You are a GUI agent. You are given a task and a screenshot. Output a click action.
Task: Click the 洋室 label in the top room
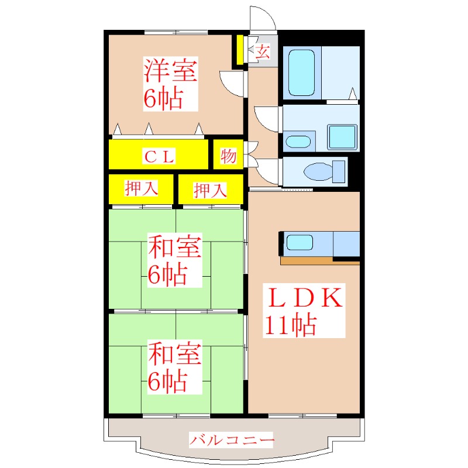pyautogui.click(x=171, y=71)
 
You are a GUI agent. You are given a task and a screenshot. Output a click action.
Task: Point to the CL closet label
pyautogui.click(x=159, y=156)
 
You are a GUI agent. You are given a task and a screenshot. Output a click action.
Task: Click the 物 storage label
pyautogui.click(x=228, y=156)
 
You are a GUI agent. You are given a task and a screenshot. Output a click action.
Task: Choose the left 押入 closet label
pyautogui.click(x=141, y=189)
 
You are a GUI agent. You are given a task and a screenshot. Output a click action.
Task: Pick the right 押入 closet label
pyautogui.click(x=210, y=190)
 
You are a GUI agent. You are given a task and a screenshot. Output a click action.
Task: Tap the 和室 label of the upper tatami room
pyautogui.click(x=174, y=248)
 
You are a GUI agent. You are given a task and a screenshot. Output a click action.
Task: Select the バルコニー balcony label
pyautogui.click(x=232, y=439)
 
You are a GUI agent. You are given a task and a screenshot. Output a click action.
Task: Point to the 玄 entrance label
pyautogui.click(x=263, y=52)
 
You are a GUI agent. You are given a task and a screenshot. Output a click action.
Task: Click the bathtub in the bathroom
pyautogui.click(x=302, y=73)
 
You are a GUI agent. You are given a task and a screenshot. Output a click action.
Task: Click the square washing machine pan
pyautogui.click(x=342, y=137)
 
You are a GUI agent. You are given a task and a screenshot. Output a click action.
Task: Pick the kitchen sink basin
pyautogui.click(x=300, y=243)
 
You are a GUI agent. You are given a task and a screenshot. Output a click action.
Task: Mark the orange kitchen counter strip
pyautogui.click(x=319, y=261)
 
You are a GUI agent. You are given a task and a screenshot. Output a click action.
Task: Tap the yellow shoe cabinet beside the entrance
pyautogui.click(x=240, y=50)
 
